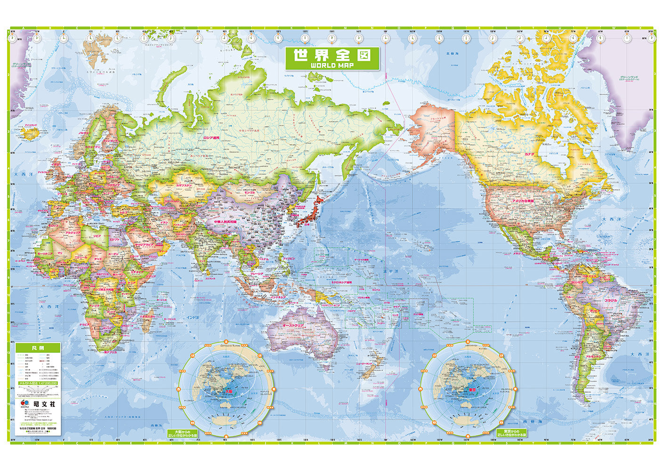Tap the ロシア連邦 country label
(211, 138)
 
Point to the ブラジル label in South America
(610, 300)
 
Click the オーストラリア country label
(293, 325)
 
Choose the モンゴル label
(249, 192)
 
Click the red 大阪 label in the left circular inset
(228, 390)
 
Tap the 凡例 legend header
(38, 348)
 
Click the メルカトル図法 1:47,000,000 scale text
(38, 383)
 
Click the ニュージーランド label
(365, 364)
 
